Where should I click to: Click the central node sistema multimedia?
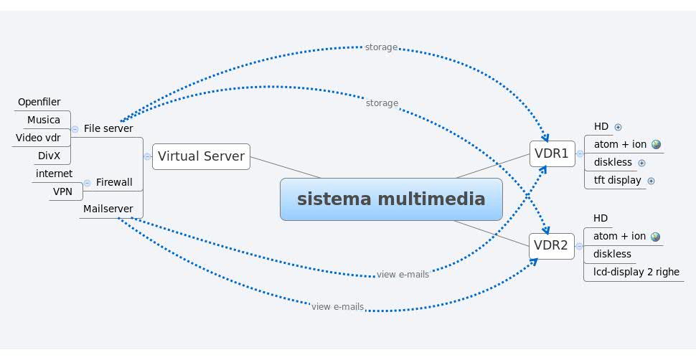click(x=391, y=199)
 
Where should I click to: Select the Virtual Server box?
click(x=201, y=156)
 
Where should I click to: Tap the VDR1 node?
click(x=552, y=153)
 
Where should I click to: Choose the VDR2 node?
click(x=552, y=246)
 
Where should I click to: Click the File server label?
click(x=108, y=128)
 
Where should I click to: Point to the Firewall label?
click(x=114, y=182)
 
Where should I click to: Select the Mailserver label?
click(x=108, y=209)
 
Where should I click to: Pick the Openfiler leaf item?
click(x=39, y=102)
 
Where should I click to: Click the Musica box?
click(x=44, y=120)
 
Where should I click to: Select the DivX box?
click(x=50, y=156)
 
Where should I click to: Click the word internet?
click(x=54, y=174)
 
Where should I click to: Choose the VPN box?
click(x=62, y=191)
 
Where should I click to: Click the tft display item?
click(x=617, y=180)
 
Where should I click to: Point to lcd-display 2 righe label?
click(x=636, y=272)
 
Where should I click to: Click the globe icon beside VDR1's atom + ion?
click(x=656, y=144)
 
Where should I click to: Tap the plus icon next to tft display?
click(x=651, y=181)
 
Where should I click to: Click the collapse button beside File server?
click(x=75, y=129)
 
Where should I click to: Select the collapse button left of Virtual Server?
click(x=147, y=156)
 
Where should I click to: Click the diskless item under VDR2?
click(x=612, y=254)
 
